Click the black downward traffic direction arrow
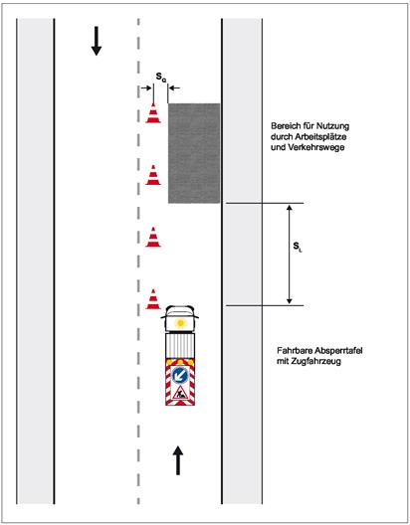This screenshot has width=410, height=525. tap(97, 41)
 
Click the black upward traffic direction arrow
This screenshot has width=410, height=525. tap(178, 460)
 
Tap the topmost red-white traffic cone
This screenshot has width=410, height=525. tap(153, 113)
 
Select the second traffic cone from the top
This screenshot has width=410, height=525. tap(153, 175)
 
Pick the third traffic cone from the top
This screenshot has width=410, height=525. tap(153, 237)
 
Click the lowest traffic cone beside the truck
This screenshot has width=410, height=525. tap(153, 299)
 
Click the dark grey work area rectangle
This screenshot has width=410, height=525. tap(194, 153)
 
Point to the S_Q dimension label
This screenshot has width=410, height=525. tap(161, 77)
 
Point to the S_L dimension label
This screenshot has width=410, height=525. tap(298, 247)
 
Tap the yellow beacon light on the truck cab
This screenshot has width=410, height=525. tap(180, 323)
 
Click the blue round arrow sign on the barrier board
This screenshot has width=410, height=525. tap(180, 375)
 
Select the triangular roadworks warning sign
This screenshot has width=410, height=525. tap(180, 393)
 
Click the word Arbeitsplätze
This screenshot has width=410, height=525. tap(320, 137)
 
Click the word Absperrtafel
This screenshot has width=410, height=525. tap(340, 351)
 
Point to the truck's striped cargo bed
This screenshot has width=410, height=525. tap(180, 346)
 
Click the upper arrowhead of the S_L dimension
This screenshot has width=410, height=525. tap(290, 208)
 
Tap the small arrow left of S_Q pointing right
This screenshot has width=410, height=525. tap(146, 88)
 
